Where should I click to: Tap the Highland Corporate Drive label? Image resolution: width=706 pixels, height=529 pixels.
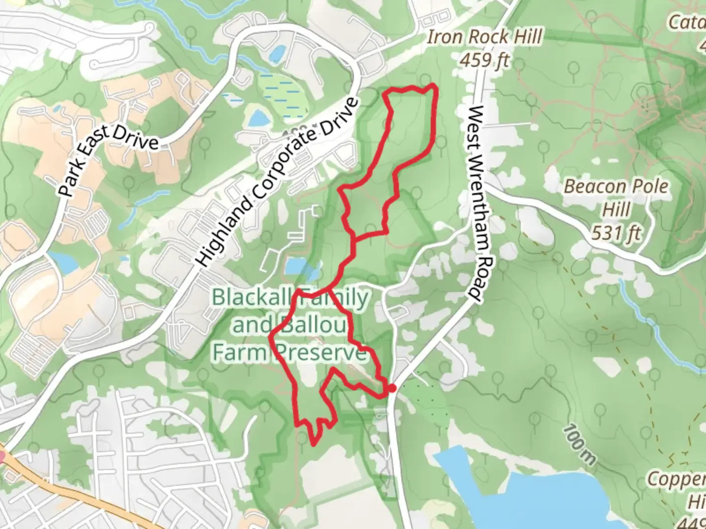point(277,182)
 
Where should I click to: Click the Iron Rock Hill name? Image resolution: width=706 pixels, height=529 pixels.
point(484,37)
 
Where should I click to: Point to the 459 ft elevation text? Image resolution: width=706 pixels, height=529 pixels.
point(484,60)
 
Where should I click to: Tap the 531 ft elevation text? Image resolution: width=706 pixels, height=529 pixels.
point(616,232)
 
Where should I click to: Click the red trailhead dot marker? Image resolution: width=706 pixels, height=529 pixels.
point(392,388)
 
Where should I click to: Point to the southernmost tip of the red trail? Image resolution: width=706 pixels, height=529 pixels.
point(313,445)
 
